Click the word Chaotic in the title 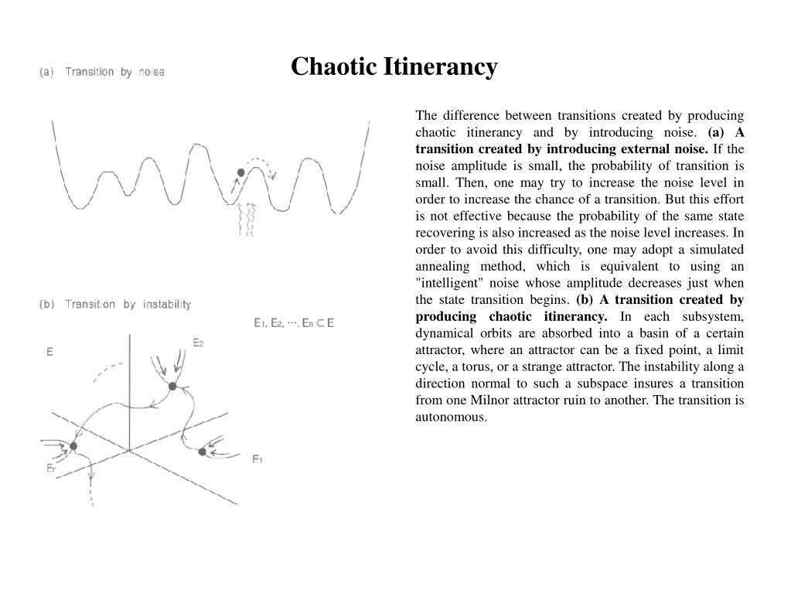[x=333, y=67]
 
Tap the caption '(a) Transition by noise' [x=102, y=72]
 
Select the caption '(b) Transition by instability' [x=115, y=304]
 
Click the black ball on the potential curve [x=240, y=172]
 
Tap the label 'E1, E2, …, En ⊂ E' [x=294, y=323]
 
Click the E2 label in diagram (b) [x=197, y=343]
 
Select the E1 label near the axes [x=257, y=459]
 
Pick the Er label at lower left [x=50, y=468]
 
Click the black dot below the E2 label [x=172, y=386]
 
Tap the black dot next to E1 [x=203, y=452]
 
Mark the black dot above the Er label [x=73, y=446]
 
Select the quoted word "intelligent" [x=451, y=283]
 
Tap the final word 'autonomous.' [x=451, y=417]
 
